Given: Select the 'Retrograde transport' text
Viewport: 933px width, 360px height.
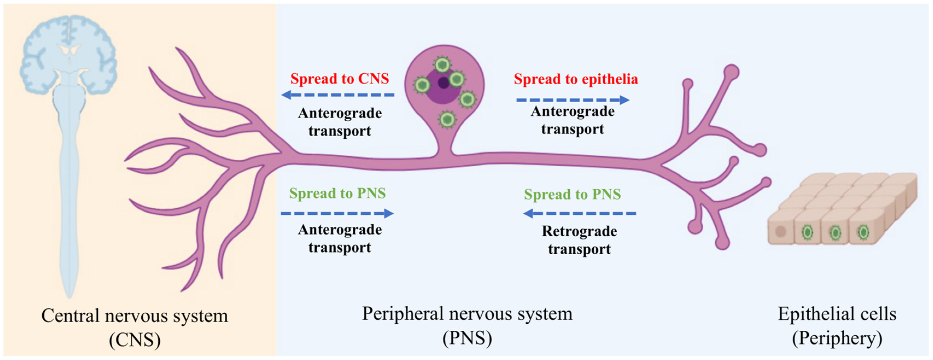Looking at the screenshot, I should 579,240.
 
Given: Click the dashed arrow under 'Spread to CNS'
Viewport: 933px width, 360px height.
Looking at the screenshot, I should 338,95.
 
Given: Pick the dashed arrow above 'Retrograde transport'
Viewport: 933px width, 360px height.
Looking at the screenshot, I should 580,213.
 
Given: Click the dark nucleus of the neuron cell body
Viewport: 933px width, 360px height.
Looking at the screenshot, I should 443,83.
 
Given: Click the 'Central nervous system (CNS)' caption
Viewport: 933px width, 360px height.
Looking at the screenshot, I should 135,327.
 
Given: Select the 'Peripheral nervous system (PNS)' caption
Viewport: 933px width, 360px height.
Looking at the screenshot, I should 467,325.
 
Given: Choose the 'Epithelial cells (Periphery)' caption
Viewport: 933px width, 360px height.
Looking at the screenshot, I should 837,326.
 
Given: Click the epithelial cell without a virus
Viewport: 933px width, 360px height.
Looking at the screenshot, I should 780,231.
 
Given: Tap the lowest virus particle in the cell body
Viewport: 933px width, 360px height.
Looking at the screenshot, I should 447,119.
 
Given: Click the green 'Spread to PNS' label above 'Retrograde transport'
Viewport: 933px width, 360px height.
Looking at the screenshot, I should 572,194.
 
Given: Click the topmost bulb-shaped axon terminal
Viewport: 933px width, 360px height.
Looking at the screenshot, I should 732,71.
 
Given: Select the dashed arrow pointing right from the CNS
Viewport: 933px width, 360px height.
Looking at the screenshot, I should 337,213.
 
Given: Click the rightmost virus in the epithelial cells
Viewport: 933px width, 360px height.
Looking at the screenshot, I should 864,232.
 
